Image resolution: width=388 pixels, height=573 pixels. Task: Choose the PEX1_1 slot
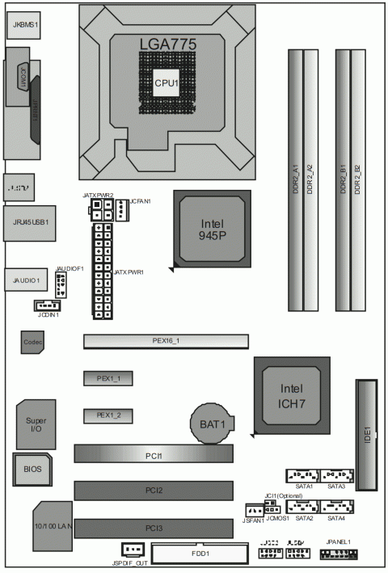[x=108, y=378]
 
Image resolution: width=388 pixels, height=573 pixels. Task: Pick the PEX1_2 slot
[x=108, y=415]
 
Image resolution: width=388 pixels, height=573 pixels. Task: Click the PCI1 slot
[x=154, y=455]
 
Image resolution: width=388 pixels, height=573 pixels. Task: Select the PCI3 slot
[x=154, y=528]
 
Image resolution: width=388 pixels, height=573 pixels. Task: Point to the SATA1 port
[x=303, y=477]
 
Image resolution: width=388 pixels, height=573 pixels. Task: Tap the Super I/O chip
[x=36, y=423]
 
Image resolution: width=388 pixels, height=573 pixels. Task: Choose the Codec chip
[x=32, y=343]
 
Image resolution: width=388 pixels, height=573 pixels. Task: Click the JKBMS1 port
[x=23, y=25]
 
